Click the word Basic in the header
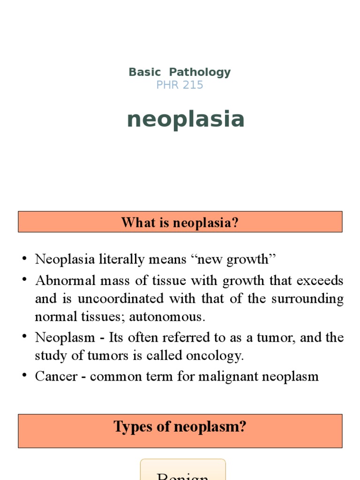144,72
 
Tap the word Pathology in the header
200,72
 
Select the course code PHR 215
180,85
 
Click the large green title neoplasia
186,119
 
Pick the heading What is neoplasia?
180,222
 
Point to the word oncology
219,356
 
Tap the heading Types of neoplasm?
180,427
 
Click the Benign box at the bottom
183,471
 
